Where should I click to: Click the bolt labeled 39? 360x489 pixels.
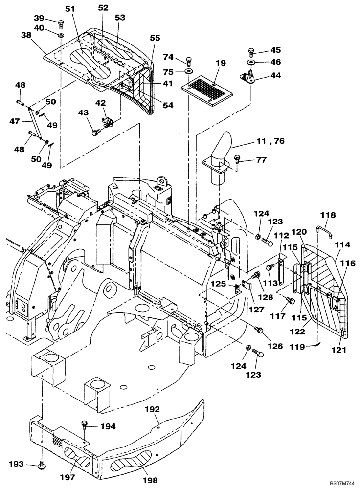tap(61, 22)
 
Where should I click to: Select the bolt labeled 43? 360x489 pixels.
tap(95, 132)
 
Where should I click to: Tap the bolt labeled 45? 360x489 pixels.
tap(251, 51)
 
